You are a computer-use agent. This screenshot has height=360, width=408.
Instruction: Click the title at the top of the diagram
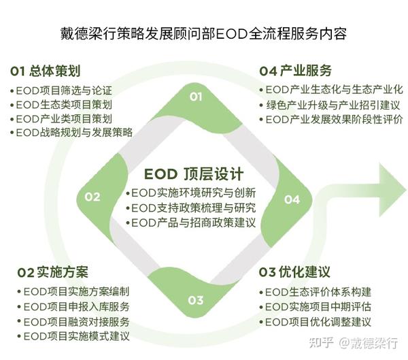click(x=203, y=33)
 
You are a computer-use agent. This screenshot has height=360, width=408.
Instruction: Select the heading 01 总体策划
click(x=46, y=71)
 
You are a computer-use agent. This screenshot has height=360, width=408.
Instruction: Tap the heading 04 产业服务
click(x=296, y=71)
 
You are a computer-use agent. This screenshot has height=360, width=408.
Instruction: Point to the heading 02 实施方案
click(x=53, y=272)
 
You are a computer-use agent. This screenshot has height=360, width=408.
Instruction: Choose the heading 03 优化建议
click(x=294, y=272)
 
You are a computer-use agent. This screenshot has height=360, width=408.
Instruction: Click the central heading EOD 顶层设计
click(x=194, y=174)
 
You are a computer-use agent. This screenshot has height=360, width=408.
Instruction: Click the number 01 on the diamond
click(x=196, y=97)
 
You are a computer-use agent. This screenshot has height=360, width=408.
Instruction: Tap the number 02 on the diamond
click(x=93, y=197)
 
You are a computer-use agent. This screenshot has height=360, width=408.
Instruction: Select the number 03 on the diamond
click(x=195, y=299)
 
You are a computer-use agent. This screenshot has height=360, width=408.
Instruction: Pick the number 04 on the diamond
click(x=292, y=199)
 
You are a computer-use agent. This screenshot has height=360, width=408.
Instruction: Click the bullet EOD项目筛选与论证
click(x=62, y=91)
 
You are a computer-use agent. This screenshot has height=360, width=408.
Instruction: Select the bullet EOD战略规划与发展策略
click(x=73, y=132)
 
